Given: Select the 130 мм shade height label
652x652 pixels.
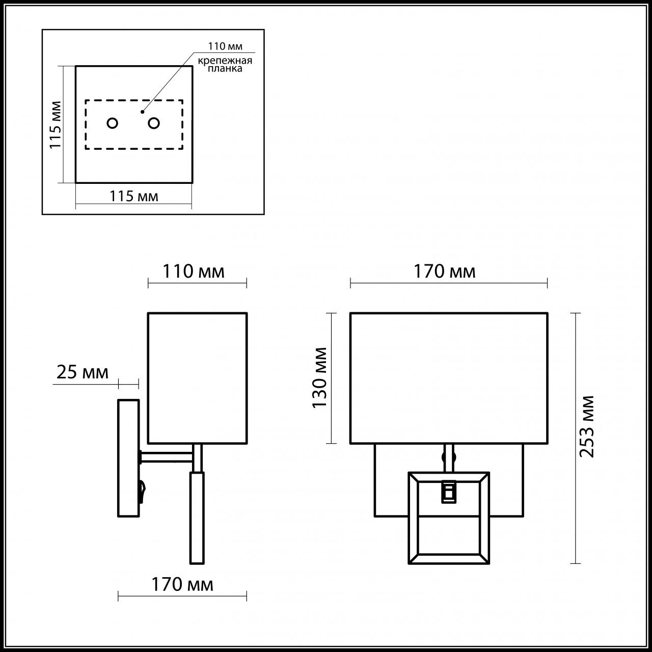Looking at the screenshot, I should point(319,377).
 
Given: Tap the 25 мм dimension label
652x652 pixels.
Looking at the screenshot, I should point(82,372).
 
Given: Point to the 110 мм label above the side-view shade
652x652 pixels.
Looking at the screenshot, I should point(193,271).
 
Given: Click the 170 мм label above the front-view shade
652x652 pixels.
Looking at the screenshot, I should point(444,271).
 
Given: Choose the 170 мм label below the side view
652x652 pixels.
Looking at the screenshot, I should point(182,584).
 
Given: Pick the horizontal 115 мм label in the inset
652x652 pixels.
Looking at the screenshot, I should point(134,196).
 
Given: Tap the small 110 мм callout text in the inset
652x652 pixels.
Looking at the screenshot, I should point(224,46).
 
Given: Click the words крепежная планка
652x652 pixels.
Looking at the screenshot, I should point(225,65).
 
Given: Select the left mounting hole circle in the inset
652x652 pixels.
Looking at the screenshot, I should point(113,123).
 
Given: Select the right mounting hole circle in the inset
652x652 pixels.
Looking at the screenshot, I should point(153,123).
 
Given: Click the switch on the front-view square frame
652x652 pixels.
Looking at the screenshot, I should point(448,492).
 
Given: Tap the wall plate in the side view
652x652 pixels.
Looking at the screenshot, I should point(128,457).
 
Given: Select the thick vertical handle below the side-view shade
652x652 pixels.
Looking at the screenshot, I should point(197,517).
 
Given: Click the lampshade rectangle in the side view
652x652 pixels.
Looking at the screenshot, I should point(197,377).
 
